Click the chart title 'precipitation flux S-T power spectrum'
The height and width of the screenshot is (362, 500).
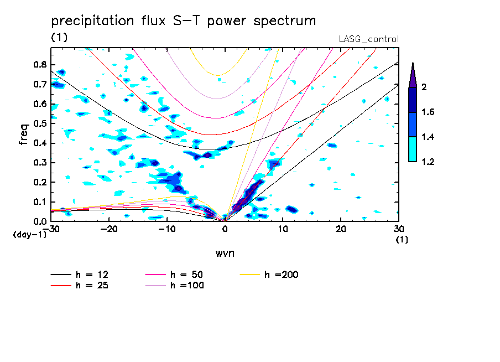(184, 21)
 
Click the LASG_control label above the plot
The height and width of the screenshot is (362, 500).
(368, 39)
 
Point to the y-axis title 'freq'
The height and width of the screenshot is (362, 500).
(23, 134)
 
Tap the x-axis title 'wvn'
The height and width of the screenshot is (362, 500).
(224, 252)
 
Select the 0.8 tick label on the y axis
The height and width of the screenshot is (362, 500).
(39, 64)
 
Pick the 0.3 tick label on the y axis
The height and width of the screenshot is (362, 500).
(39, 163)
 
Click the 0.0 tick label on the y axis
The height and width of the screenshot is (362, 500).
(39, 221)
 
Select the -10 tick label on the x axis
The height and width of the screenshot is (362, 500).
(167, 229)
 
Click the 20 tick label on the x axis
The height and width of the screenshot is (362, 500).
(341, 229)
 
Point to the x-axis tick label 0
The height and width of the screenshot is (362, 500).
(225, 229)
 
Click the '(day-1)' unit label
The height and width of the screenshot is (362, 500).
(29, 234)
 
